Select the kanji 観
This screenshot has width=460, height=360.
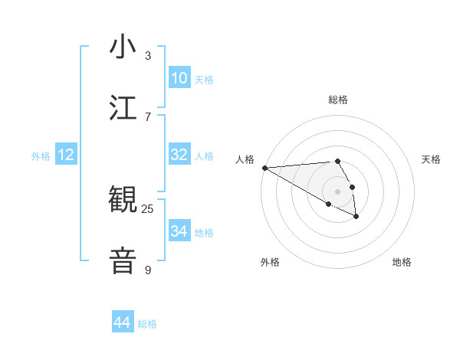pyautogui.click(x=123, y=200)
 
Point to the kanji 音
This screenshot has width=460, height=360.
pyautogui.click(x=123, y=259)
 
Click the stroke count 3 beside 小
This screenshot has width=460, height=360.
pyautogui.click(x=148, y=56)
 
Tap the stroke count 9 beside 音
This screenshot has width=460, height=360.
pyautogui.click(x=148, y=270)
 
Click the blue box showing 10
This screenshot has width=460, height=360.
pyautogui.click(x=179, y=78)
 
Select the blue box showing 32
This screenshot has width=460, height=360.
pyautogui.click(x=179, y=155)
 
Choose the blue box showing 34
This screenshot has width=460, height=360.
pyautogui.click(x=179, y=231)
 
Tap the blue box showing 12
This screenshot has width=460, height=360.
pyautogui.click(x=66, y=155)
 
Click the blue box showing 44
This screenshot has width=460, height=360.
pyautogui.click(x=123, y=322)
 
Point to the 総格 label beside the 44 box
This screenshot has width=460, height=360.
pyautogui.click(x=147, y=324)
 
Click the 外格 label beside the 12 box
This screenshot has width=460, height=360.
pyautogui.click(x=41, y=156)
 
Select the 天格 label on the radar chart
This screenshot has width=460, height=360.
pyautogui.click(x=431, y=159)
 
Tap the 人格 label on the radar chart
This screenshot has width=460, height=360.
pyautogui.click(x=245, y=159)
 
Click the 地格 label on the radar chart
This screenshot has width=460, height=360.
pyautogui.click(x=402, y=262)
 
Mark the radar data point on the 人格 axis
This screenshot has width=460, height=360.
pyautogui.click(x=264, y=168)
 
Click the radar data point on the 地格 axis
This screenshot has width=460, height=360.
pyautogui.click(x=356, y=217)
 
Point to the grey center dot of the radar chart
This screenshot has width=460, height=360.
pyautogui.click(x=337, y=191)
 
